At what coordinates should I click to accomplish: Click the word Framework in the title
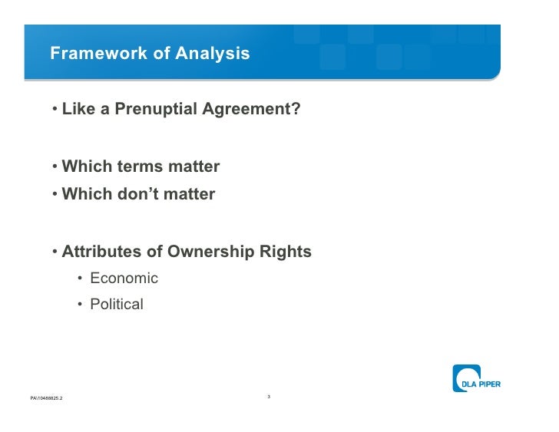[x=90, y=54]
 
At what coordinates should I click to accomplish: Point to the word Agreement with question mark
[x=251, y=110]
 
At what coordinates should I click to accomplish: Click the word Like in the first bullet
[x=78, y=110]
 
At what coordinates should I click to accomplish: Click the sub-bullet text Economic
[x=124, y=279]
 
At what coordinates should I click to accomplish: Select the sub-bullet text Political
[x=117, y=305]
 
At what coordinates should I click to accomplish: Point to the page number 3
[x=269, y=396]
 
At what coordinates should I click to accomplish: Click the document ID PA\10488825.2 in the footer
[x=47, y=399]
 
